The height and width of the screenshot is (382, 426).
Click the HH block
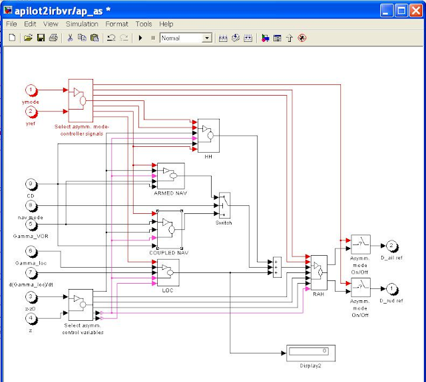click(208, 136)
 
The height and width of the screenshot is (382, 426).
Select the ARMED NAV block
click(170, 176)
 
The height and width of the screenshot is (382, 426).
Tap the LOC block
click(168, 272)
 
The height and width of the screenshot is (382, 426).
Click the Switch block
click(224, 207)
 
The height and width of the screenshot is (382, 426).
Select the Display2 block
click(310, 352)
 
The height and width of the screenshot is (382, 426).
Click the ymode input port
click(31, 90)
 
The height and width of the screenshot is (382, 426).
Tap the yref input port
click(31, 111)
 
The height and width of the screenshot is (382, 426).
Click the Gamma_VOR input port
click(31, 225)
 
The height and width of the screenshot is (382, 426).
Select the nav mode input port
click(31, 207)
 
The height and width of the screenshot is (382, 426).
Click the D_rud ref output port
click(392, 288)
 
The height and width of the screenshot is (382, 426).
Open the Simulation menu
click(82, 24)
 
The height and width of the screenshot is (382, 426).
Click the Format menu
click(116, 24)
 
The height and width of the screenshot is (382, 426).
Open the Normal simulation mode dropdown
click(186, 39)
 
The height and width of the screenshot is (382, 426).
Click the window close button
click(415, 10)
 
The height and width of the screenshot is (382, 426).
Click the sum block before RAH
click(277, 267)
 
